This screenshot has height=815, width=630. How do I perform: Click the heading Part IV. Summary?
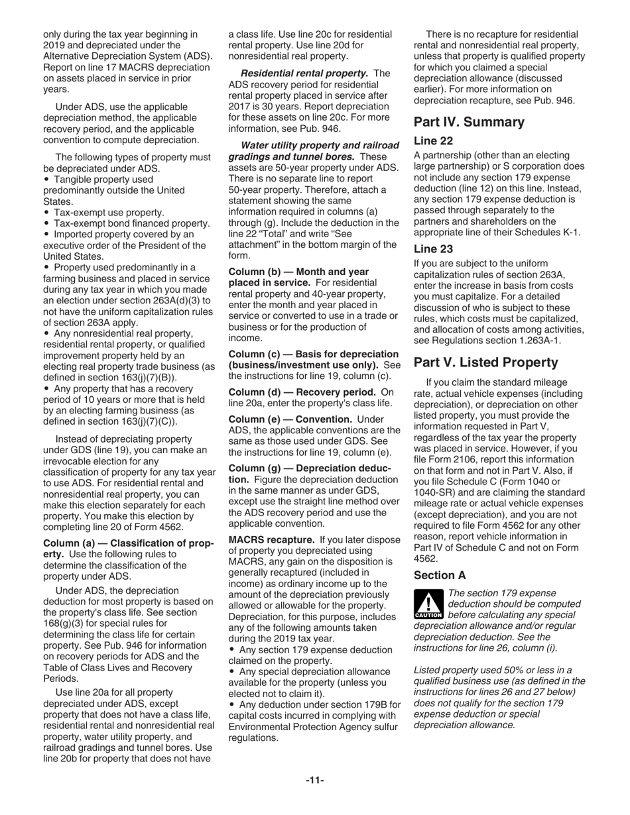coord(469,122)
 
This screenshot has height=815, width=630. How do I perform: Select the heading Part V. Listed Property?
coord(485,362)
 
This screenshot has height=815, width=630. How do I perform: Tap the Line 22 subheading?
coord(433,141)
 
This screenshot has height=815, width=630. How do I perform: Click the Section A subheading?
coord(439,575)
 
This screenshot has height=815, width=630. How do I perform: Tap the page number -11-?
coord(315,781)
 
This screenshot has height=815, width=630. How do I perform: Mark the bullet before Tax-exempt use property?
coord(46,213)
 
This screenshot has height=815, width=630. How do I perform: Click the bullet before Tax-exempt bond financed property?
coord(46,224)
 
